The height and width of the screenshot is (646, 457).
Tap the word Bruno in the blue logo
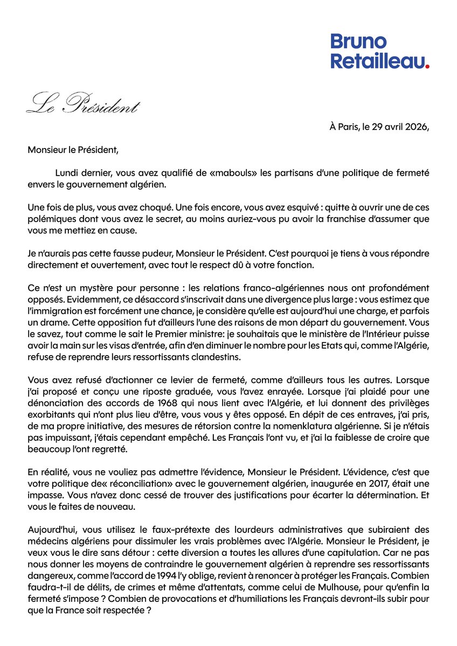point(358,42)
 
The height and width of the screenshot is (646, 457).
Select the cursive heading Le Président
point(82,104)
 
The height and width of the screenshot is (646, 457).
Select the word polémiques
point(51,218)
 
